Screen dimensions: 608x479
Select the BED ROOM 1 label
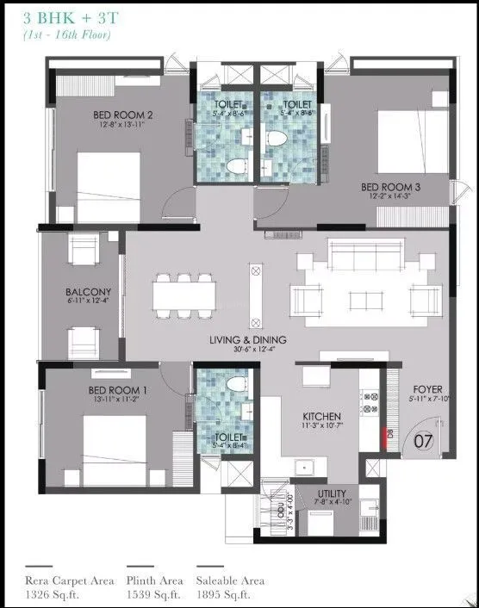(x=118, y=390)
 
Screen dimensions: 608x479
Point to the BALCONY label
(x=82, y=292)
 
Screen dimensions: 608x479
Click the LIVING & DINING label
(x=247, y=340)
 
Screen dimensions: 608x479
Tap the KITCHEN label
(x=322, y=415)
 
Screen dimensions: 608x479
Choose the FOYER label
(x=426, y=389)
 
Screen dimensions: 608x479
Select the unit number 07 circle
(x=423, y=443)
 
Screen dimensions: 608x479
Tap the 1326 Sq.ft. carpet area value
(x=53, y=594)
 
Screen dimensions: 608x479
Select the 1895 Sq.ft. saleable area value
(x=221, y=594)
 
